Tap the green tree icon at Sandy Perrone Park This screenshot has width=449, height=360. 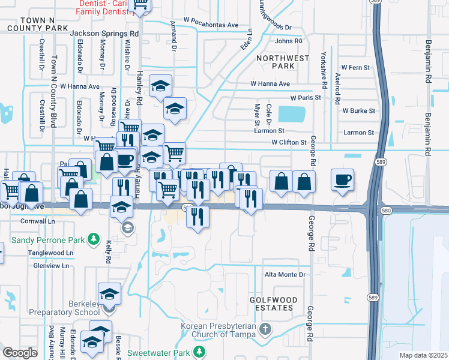tap(94, 240)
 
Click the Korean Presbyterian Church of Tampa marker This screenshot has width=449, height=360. tap(267, 330)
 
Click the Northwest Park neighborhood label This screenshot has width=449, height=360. tap(282, 62)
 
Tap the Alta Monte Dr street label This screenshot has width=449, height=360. tap(285, 275)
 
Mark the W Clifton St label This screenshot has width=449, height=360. tap(289, 143)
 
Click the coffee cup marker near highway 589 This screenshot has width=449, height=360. tap(342, 179)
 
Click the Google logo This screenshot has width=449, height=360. tap(20, 353)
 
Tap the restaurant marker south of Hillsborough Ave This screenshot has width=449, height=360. tap(198, 217)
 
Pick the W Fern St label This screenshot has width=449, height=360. tap(355, 67)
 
